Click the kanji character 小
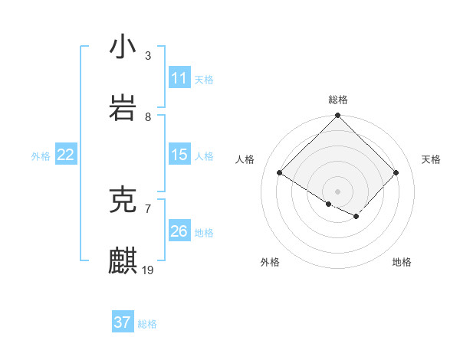[123, 47]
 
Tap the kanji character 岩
[123, 109]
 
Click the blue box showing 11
[179, 78]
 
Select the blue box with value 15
[179, 155]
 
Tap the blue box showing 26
[179, 231]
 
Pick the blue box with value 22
[65, 155]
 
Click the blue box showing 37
[122, 322]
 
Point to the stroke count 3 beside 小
[148, 55]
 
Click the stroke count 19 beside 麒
[148, 270]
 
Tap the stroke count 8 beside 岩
[148, 116]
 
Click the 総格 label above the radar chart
[338, 100]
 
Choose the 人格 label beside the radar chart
[245, 159]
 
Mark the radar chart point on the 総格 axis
[338, 116]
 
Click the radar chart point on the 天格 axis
[396, 173]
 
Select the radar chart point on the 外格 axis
[329, 204]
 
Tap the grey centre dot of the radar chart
[338, 191]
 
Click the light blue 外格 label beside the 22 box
[41, 156]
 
